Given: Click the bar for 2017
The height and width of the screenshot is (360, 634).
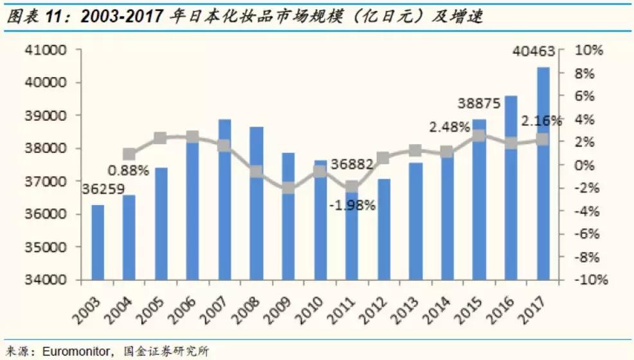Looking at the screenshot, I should click(543, 174).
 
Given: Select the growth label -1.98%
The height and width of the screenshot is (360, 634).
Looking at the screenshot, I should click(352, 206).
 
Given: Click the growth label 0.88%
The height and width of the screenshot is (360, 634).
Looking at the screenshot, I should click(129, 170).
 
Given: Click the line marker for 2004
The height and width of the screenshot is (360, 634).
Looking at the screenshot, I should click(129, 154).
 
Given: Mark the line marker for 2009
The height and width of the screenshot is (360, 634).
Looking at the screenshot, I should click(289, 188).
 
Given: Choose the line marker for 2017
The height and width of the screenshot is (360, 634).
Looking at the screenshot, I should click(543, 139).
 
